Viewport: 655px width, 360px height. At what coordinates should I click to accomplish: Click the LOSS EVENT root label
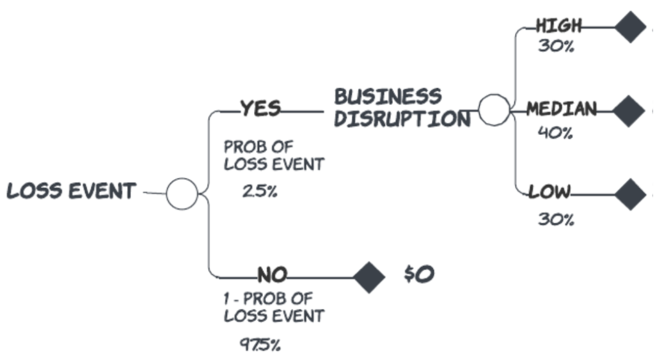click(x=71, y=191)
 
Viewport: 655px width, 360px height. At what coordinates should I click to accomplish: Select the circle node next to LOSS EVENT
click(x=182, y=194)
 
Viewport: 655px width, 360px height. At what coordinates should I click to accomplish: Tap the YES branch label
click(x=260, y=109)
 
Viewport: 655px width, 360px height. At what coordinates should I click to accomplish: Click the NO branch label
click(x=272, y=276)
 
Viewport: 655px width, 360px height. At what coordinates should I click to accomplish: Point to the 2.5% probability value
click(x=260, y=191)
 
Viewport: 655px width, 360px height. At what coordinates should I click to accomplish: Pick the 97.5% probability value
click(x=260, y=345)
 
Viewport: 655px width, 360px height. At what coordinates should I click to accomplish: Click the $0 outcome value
click(x=419, y=274)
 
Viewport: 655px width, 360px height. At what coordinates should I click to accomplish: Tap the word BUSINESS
click(x=388, y=97)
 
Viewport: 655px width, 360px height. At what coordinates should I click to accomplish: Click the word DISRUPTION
click(x=402, y=119)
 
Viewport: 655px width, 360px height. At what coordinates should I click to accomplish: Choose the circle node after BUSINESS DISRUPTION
click(x=494, y=110)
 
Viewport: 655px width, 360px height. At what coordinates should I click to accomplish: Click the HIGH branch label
click(x=559, y=26)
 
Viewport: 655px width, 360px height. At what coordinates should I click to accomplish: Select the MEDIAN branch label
click(x=562, y=109)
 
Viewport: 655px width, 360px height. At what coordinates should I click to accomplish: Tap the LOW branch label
click(x=549, y=192)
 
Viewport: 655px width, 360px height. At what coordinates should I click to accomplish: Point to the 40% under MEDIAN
click(x=555, y=133)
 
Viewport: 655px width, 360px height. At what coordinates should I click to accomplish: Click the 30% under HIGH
click(x=555, y=47)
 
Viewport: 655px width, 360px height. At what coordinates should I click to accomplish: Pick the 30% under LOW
click(x=555, y=219)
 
